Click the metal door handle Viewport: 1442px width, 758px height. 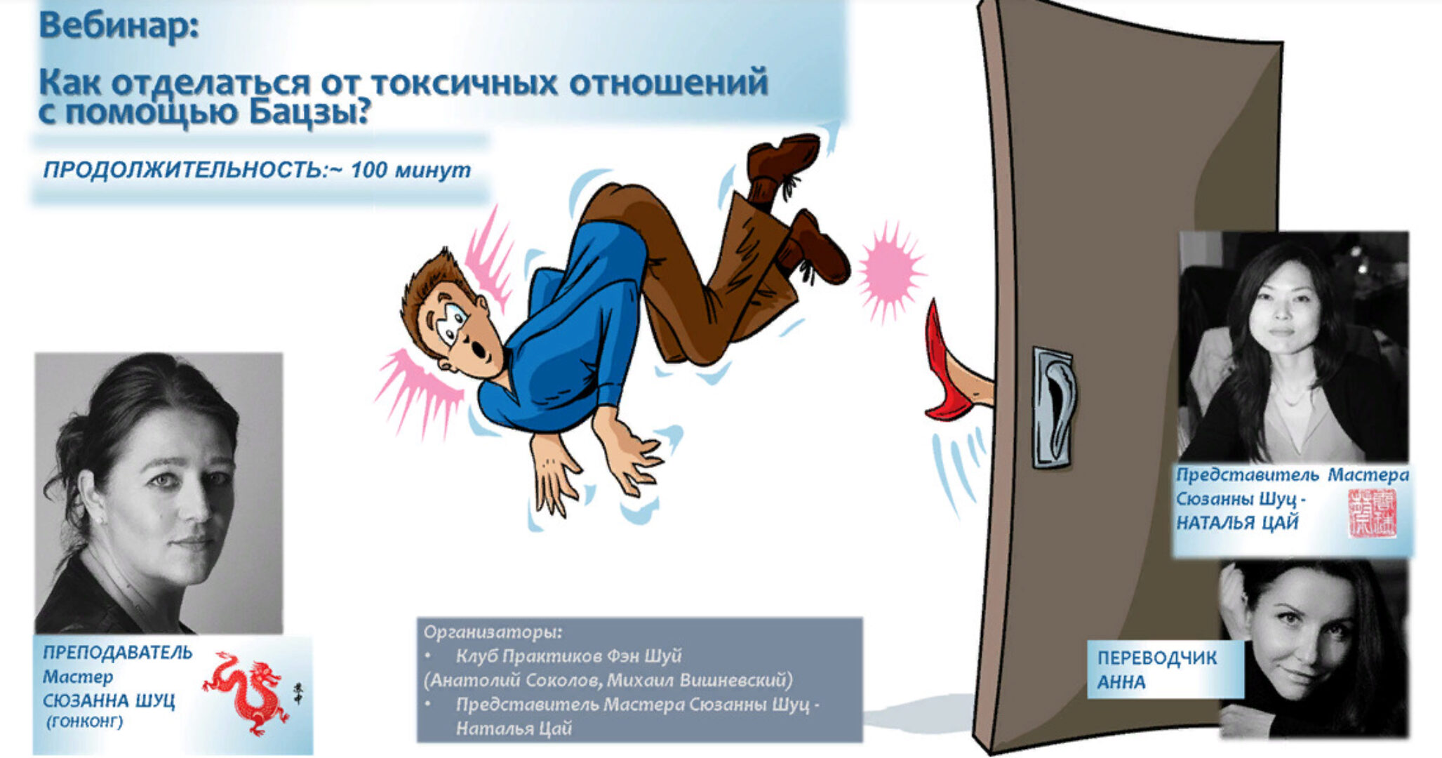tap(1052, 407)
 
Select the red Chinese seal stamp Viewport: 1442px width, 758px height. tap(1372, 513)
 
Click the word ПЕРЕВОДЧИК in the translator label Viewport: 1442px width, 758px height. tap(1156, 658)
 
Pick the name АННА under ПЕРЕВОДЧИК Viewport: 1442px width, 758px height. tap(1121, 682)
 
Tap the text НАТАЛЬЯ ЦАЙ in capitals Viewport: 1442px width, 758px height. tap(1237, 523)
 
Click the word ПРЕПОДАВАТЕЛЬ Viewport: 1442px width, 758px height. tap(117, 652)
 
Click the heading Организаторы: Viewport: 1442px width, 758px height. tap(493, 632)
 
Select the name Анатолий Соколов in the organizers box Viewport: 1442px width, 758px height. tap(512, 680)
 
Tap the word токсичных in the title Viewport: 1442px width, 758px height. tap(464, 83)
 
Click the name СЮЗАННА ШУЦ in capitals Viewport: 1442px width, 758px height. tap(109, 700)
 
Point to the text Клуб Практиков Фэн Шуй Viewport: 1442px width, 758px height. tap(568, 656)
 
